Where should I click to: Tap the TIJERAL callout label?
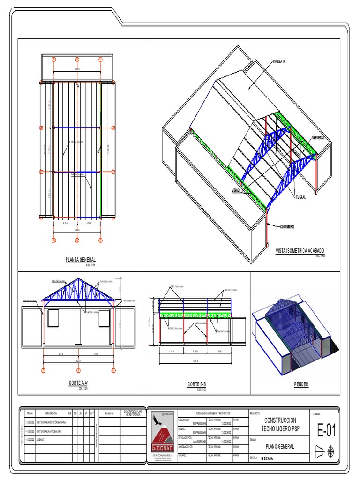pyautogui.click(x=300, y=197)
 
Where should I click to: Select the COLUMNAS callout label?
pyautogui.click(x=287, y=227)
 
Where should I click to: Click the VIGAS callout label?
pyautogui.click(x=235, y=190)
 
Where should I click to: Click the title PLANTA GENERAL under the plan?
pyautogui.click(x=81, y=259)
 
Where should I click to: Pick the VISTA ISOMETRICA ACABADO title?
pyautogui.click(x=300, y=251)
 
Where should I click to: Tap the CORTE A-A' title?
pyautogui.click(x=78, y=383)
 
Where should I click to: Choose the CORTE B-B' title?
pyautogui.click(x=197, y=384)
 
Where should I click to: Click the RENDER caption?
pyautogui.click(x=301, y=384)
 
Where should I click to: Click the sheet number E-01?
pyautogui.click(x=326, y=430)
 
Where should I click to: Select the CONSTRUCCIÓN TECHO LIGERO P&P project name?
pyautogui.click(x=281, y=425)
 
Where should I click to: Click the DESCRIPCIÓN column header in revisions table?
pyautogui.click(x=50, y=413)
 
